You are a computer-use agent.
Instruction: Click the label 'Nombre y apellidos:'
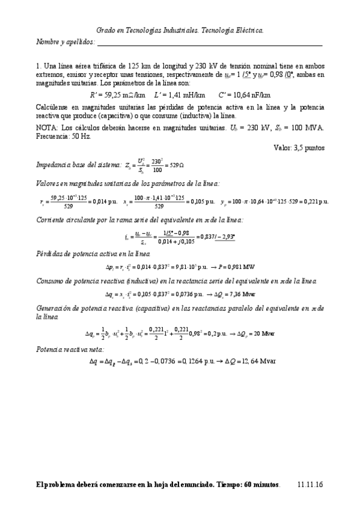click(x=66, y=42)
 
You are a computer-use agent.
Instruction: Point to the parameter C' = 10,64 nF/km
click(x=244, y=94)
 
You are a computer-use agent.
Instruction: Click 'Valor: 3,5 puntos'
click(x=299, y=147)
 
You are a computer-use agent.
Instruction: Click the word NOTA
click(x=47, y=127)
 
